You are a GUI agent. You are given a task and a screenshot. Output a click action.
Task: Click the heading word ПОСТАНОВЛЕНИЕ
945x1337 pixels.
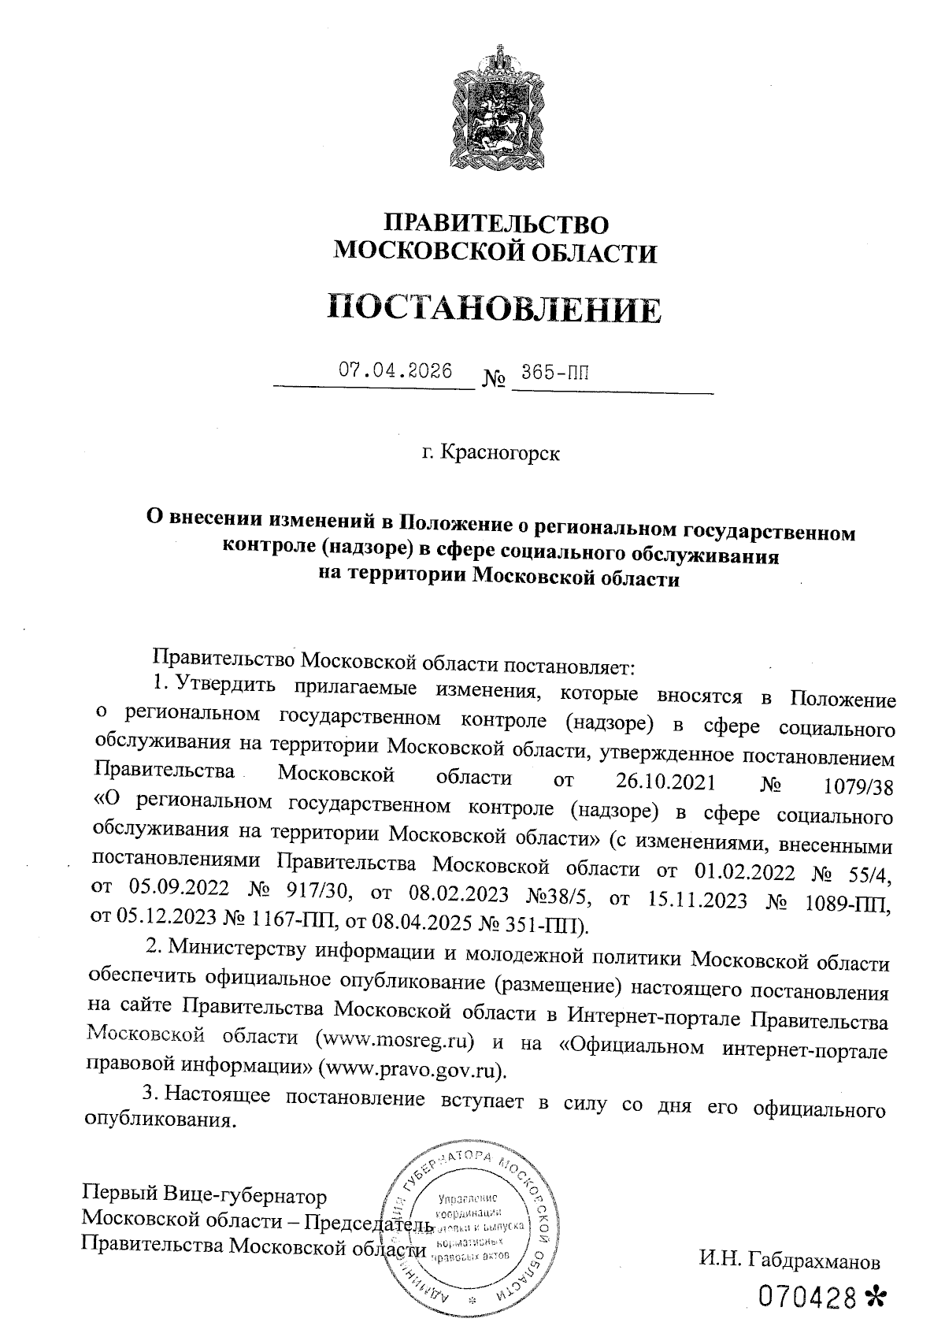(494, 310)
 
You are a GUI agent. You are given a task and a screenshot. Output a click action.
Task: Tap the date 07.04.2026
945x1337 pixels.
(395, 371)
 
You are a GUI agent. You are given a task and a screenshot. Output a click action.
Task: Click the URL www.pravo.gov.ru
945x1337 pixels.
(413, 1070)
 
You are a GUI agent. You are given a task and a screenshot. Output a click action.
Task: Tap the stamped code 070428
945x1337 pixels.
(806, 1296)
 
